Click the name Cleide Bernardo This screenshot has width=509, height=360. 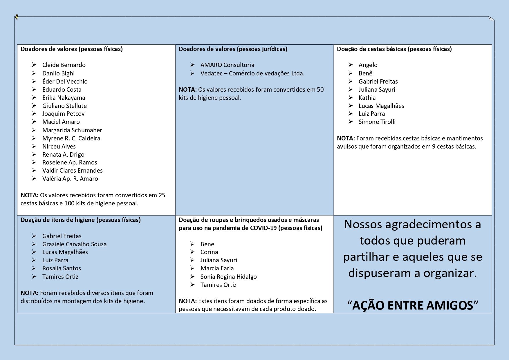[x=64, y=65]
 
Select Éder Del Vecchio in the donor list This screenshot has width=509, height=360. [x=65, y=82]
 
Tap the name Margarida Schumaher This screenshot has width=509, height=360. [x=72, y=130]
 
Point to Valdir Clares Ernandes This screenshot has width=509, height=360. [x=72, y=171]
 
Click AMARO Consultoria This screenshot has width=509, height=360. [x=227, y=65]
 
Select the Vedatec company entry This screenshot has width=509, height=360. [x=252, y=73]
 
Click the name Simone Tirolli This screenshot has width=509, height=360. [x=377, y=122]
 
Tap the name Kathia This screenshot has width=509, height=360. [x=367, y=98]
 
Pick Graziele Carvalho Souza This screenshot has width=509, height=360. [x=74, y=244]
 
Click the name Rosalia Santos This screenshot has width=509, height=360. [x=62, y=268]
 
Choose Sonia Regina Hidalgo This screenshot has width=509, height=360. [x=228, y=277]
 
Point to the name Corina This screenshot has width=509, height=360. [x=209, y=252]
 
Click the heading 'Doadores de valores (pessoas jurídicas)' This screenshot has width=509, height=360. [x=233, y=49]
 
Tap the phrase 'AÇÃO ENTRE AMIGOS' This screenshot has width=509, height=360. [x=412, y=305]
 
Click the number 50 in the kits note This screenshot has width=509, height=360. [x=320, y=90]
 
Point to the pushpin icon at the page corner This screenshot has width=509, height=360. [x=17, y=17]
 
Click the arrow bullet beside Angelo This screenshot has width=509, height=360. [x=351, y=65]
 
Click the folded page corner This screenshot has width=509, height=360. [x=491, y=19]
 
